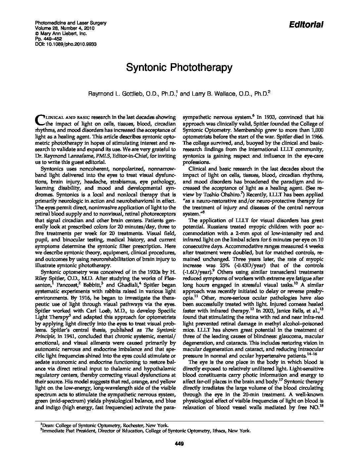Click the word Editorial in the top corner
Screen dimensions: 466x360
pyautogui.click(x=306, y=24)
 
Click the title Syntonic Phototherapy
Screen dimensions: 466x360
pyautogui.click(x=179, y=68)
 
